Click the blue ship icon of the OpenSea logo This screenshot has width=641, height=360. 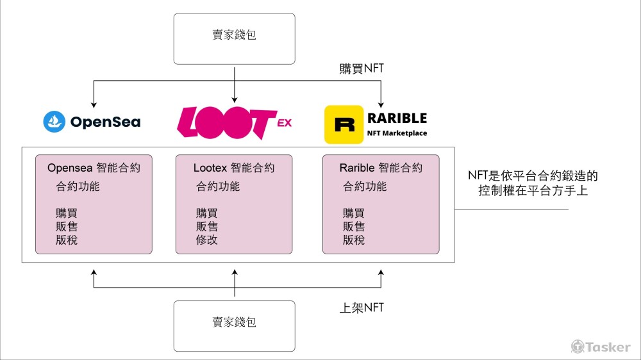(x=54, y=122)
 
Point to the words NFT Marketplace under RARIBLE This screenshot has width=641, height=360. (x=396, y=133)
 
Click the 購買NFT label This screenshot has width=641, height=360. (x=362, y=69)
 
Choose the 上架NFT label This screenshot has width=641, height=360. (x=362, y=307)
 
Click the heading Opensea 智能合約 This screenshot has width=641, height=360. (x=94, y=168)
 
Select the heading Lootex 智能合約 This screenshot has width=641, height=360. (x=234, y=168)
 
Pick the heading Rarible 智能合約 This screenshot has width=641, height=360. (x=381, y=168)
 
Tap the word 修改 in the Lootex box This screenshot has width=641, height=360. (x=207, y=240)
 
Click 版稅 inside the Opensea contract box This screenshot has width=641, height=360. (x=67, y=240)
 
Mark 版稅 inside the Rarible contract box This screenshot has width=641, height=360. (x=354, y=240)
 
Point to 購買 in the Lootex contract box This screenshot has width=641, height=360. (x=207, y=213)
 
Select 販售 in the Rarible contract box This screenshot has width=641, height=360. (x=354, y=227)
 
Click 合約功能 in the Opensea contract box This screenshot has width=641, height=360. (x=78, y=187)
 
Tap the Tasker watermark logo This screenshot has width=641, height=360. (x=601, y=347)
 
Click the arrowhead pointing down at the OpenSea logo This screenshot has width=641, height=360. (x=94, y=103)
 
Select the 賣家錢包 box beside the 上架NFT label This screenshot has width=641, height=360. (x=235, y=322)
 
